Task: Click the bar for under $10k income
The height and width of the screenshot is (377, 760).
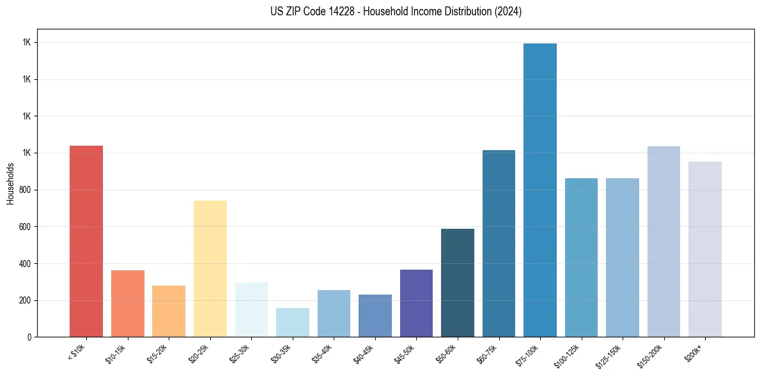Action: click(x=86, y=241)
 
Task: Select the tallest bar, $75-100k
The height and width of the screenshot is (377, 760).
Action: click(x=540, y=190)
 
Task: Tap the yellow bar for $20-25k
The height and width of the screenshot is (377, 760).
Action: click(x=210, y=268)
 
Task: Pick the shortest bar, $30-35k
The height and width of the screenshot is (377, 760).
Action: click(x=293, y=322)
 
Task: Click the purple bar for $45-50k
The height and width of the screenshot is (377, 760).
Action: click(x=416, y=303)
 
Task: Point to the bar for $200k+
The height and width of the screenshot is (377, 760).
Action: click(x=705, y=249)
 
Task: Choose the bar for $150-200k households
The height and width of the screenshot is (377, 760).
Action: click(x=663, y=242)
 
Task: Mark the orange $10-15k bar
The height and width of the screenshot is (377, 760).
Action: click(x=128, y=304)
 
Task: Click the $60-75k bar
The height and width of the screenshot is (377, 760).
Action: click(x=499, y=243)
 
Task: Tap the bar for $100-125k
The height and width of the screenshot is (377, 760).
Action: click(x=581, y=258)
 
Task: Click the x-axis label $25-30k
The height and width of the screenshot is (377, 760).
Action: click(x=240, y=353)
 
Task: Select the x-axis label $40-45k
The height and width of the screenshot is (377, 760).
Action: click(x=364, y=353)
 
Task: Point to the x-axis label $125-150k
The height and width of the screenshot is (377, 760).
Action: click(x=609, y=354)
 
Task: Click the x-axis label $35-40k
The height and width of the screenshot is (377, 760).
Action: click(x=322, y=353)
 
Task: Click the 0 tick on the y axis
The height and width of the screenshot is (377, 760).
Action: click(x=29, y=337)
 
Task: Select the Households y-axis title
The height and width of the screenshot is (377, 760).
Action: click(x=10, y=183)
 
